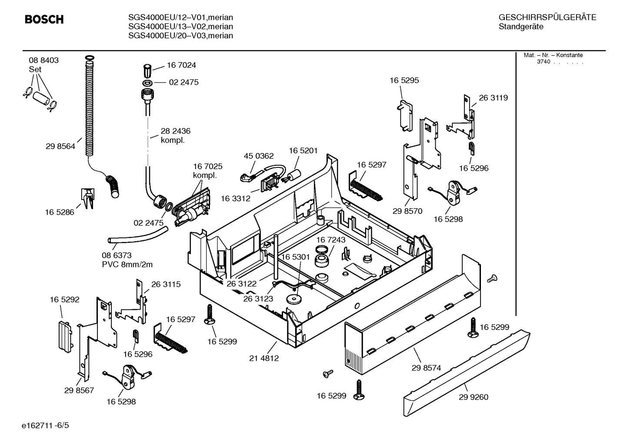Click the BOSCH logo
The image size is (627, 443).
44,20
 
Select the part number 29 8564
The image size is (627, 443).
60,147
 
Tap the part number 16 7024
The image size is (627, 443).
181,65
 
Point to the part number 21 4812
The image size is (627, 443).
264,358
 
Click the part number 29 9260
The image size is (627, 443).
474,397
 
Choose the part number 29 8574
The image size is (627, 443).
426,368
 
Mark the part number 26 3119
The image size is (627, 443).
493,98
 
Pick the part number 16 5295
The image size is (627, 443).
404,80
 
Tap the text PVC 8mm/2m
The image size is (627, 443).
127,264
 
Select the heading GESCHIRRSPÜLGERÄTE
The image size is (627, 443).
547,17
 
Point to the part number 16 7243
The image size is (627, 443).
330,240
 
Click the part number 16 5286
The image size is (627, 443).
60,212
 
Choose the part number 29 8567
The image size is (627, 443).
79,390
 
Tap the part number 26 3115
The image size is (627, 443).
166,284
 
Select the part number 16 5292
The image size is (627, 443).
64,300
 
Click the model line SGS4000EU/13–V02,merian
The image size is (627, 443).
180,27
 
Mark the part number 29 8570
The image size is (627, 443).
407,211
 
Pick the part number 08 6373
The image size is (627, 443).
117,255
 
